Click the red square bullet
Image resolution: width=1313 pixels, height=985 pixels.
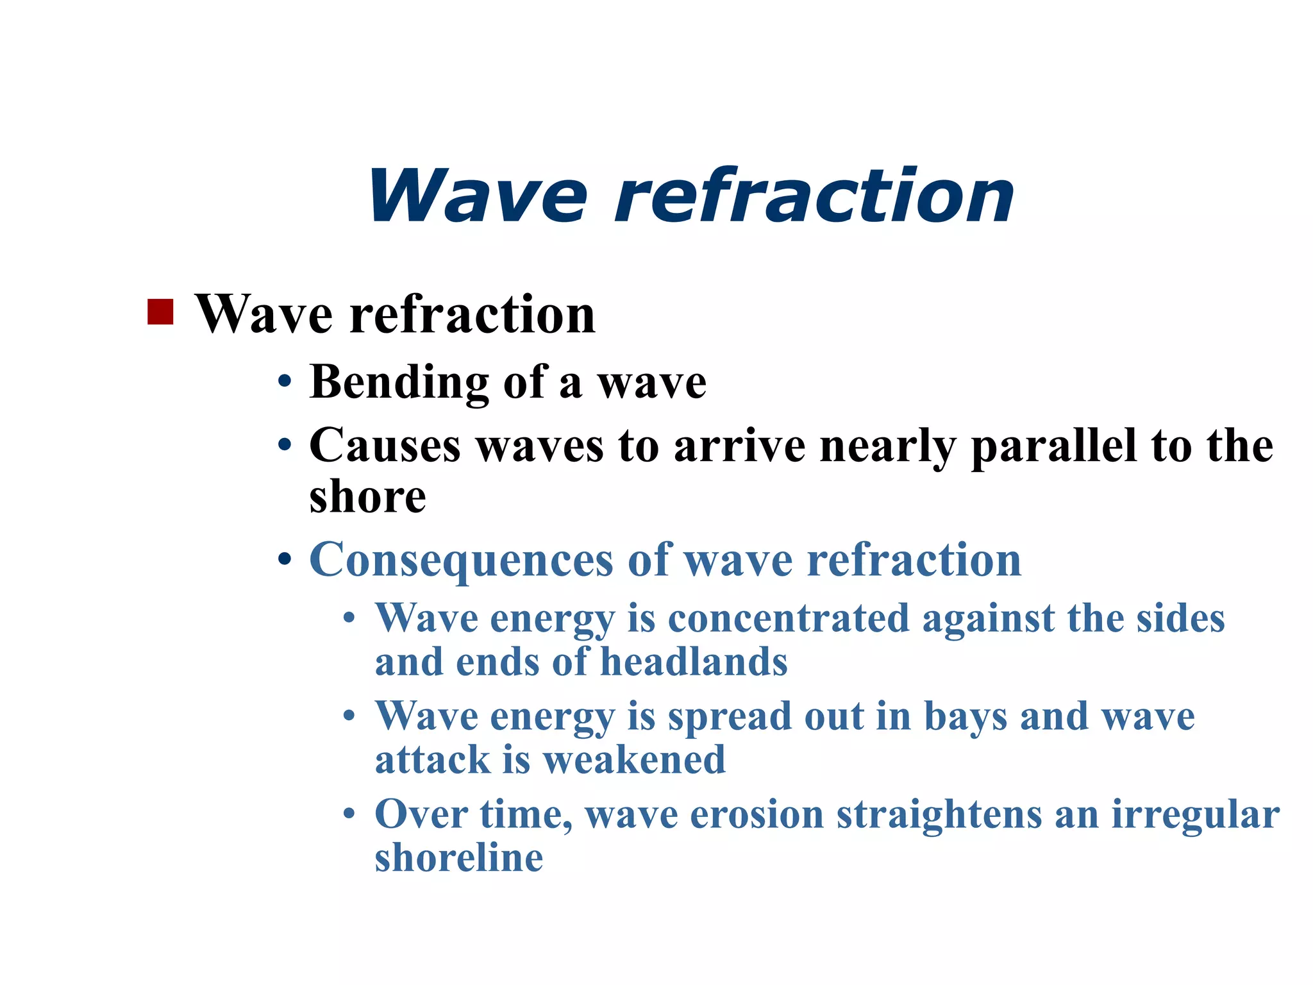point(160,312)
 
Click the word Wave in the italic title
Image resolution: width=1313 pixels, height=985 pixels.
point(478,196)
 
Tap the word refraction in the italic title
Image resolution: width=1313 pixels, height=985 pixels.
point(814,196)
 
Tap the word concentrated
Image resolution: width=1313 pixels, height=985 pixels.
point(788,619)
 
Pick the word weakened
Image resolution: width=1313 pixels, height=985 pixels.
point(634,760)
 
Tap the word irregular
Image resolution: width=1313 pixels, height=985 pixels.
point(1195,815)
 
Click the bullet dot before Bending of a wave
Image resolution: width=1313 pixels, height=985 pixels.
point(285,383)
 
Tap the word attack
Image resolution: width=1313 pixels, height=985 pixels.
point(433,760)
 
